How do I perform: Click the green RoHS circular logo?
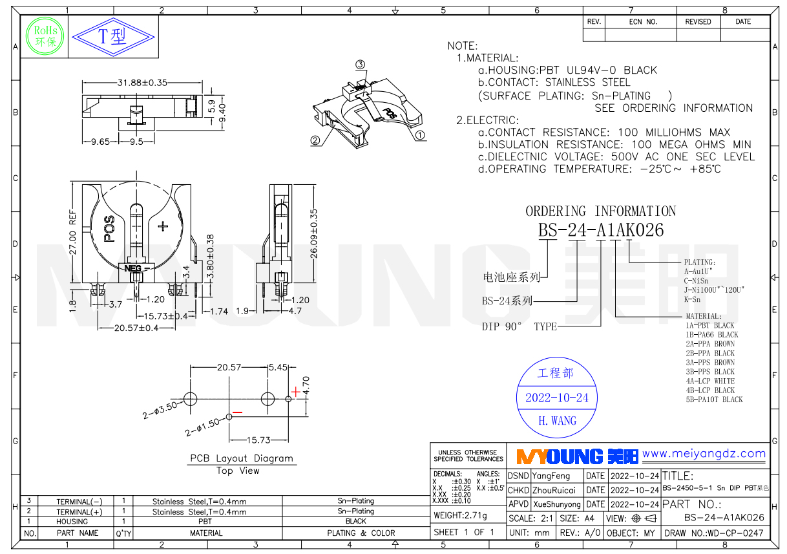45,36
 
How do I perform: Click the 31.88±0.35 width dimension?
142,83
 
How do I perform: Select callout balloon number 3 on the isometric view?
361,65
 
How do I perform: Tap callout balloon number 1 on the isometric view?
419,136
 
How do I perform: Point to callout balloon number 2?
315,140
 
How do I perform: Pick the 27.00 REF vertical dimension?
73,232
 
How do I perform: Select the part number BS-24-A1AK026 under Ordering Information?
601,230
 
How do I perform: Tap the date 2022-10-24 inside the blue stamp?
557,398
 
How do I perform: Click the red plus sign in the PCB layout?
295,390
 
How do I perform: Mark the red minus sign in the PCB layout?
238,412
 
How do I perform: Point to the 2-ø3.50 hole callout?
159,409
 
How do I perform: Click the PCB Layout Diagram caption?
242,458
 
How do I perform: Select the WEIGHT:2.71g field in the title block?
460,516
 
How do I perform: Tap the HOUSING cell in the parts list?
72,521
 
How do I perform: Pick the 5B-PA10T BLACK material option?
714,400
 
